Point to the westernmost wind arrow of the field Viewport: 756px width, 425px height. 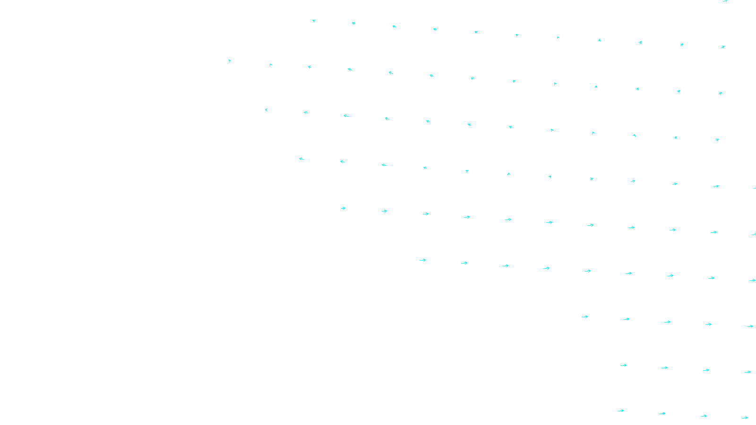pos(230,60)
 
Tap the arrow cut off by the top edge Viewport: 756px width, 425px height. pos(725,1)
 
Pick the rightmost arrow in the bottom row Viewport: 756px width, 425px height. pos(745,417)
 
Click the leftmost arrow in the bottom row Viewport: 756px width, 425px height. pos(620,411)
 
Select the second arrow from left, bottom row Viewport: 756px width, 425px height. pos(662,414)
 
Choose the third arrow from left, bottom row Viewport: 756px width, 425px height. pos(704,416)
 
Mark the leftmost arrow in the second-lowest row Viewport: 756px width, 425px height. pos(623,365)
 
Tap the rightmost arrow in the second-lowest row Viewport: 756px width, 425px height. pos(747,372)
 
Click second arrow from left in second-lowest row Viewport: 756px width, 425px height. pos(664,367)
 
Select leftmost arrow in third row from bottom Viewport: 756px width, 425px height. pos(584,317)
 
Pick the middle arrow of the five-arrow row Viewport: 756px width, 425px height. pos(667,322)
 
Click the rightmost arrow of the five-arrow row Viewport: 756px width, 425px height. pos(750,326)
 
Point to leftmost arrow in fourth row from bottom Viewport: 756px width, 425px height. pos(422,260)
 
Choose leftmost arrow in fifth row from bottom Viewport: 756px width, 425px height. pos(343,208)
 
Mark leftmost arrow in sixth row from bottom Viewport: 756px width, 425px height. pos(301,159)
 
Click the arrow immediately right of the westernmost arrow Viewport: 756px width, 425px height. pos(271,65)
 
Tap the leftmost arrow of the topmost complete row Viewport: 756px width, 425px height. pos(314,21)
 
